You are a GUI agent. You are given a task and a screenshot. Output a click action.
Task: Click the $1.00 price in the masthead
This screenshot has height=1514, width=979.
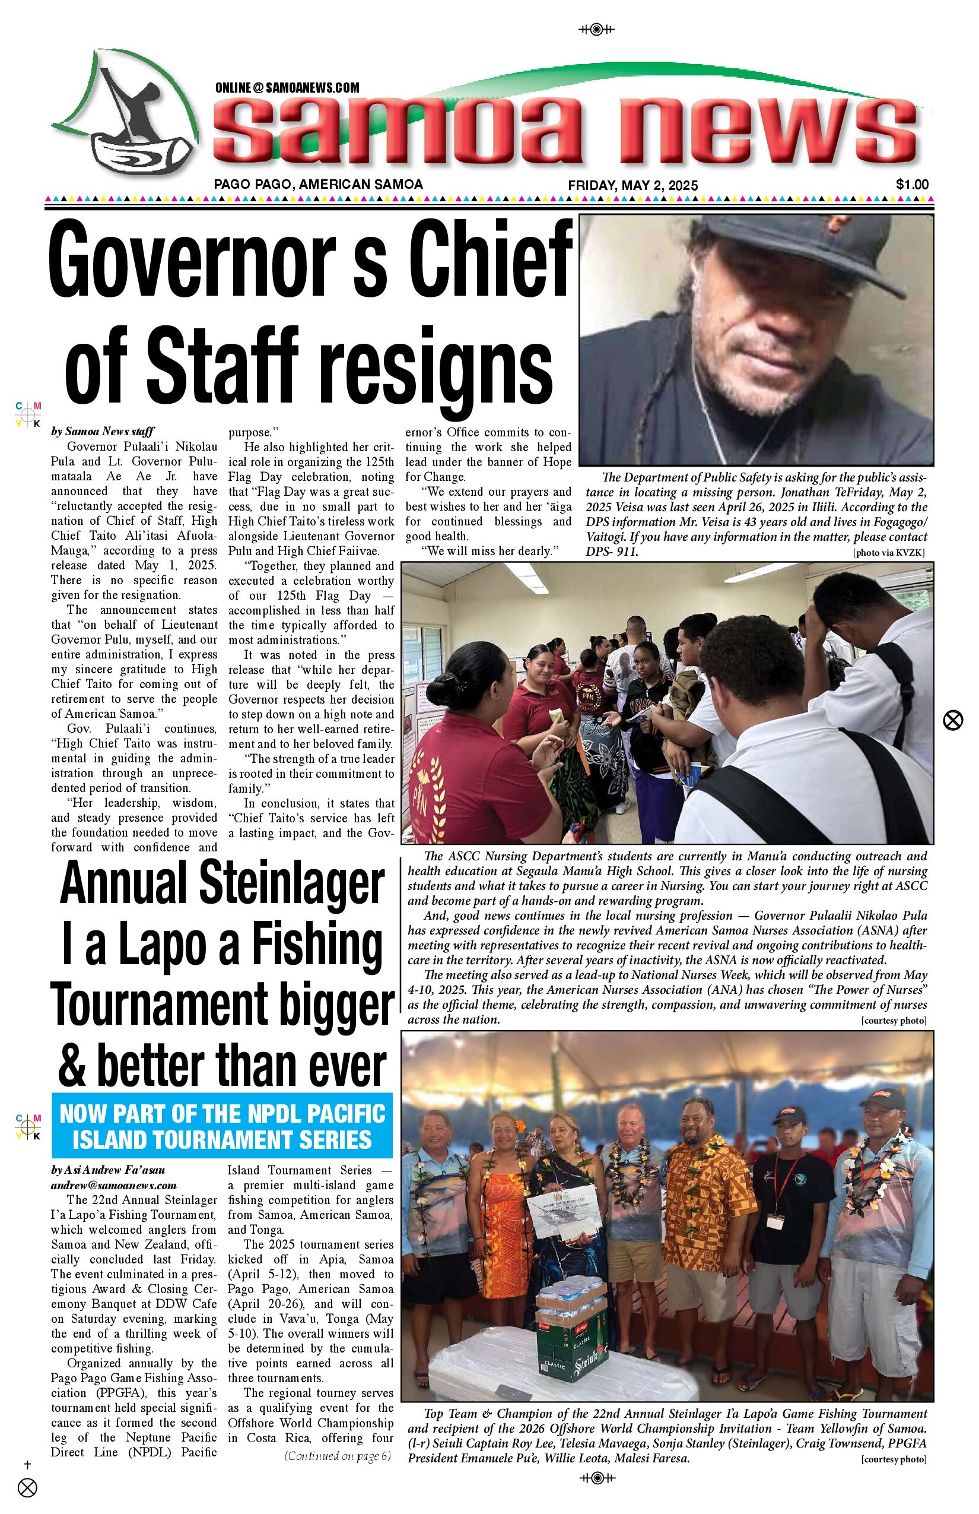point(911,185)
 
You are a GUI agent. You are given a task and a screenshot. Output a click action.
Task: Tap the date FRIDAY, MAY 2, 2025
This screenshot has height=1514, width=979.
point(632,185)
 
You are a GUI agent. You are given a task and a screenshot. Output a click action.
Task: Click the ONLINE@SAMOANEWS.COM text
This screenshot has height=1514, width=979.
point(287,88)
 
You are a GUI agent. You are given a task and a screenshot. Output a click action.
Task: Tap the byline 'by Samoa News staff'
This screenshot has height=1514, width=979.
point(103,431)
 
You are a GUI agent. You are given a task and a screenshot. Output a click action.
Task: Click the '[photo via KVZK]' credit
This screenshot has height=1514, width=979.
point(888,553)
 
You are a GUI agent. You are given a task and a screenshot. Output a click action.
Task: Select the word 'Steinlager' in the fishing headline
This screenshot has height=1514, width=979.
point(293,883)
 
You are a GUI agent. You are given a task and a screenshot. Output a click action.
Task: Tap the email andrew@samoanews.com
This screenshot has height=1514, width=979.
point(114,1185)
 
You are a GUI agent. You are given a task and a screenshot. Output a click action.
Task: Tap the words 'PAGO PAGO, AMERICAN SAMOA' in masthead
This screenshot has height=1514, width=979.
point(318,185)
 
